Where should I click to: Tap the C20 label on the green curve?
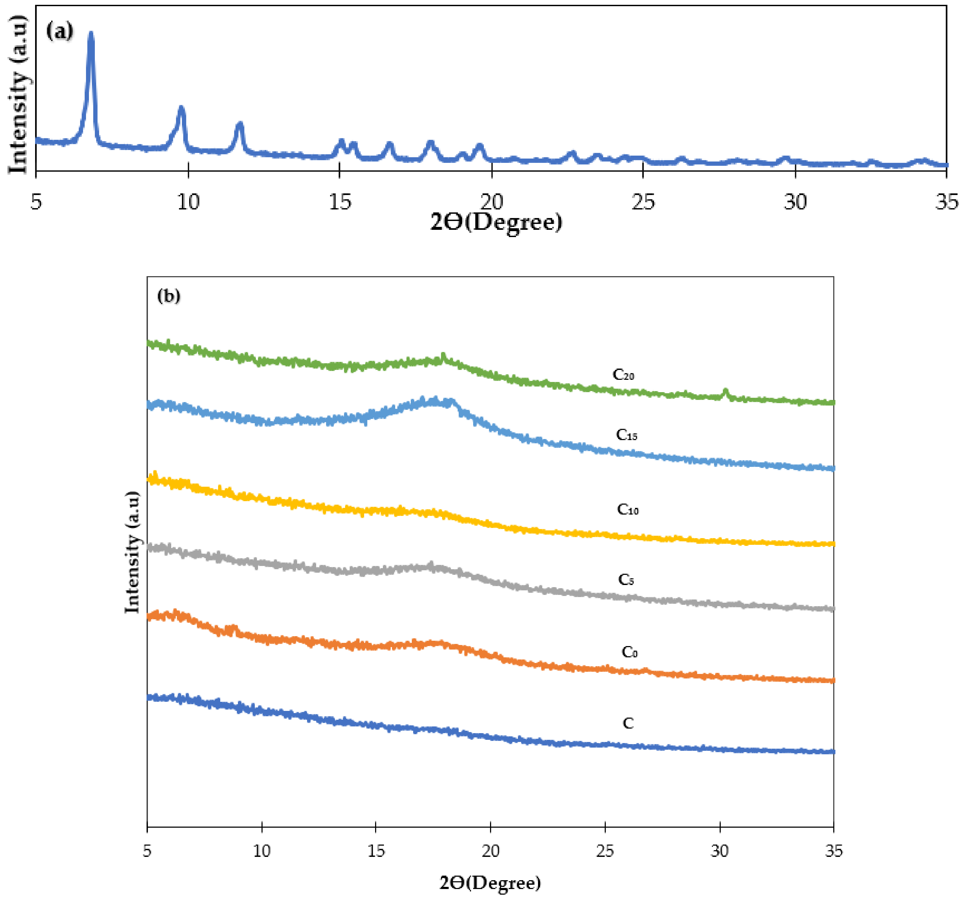623,374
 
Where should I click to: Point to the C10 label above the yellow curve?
627,509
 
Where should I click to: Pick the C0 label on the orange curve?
629,652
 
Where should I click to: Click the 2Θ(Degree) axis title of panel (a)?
496,223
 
